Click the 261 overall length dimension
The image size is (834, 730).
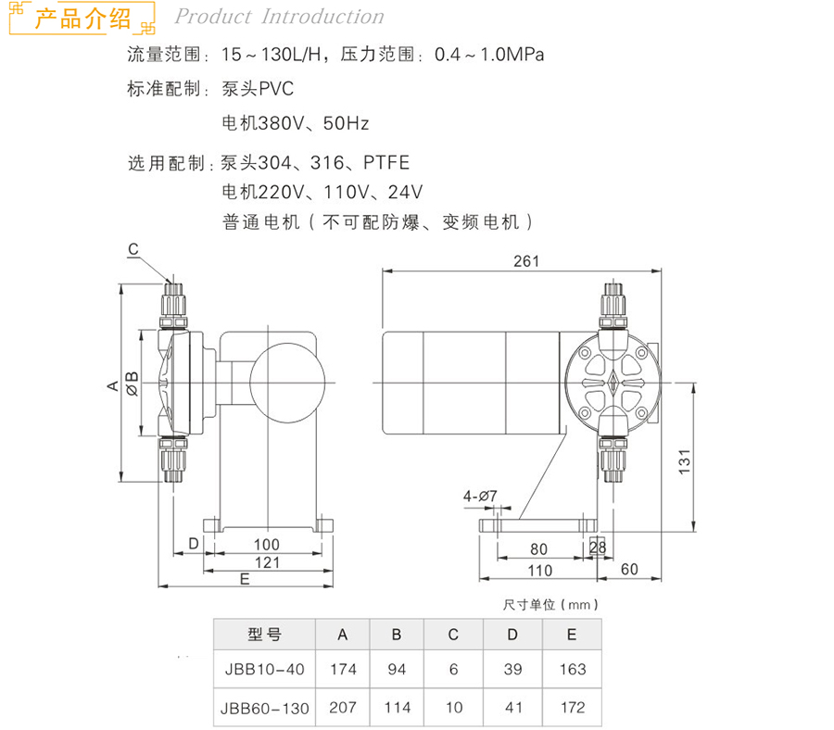click(x=526, y=261)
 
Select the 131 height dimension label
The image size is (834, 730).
click(x=685, y=461)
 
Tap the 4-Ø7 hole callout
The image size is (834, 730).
click(x=480, y=496)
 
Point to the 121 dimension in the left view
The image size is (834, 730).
click(x=267, y=562)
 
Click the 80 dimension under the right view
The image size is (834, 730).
click(x=538, y=549)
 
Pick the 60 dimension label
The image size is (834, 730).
click(x=629, y=570)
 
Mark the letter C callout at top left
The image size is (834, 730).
click(x=133, y=249)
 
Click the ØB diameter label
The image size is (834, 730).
click(x=132, y=383)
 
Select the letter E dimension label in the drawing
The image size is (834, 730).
click(x=245, y=579)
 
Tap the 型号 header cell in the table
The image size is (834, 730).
click(x=264, y=635)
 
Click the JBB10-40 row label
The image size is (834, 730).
click(x=264, y=669)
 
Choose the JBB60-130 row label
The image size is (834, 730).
click(x=264, y=708)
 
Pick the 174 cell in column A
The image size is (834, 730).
click(x=343, y=669)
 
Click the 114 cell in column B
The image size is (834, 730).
click(x=398, y=708)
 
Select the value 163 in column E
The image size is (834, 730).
click(x=573, y=669)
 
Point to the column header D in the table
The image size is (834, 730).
click(x=512, y=635)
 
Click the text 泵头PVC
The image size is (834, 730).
click(x=258, y=88)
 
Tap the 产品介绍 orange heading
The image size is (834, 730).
click(x=82, y=19)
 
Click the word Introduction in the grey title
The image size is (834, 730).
click(x=322, y=17)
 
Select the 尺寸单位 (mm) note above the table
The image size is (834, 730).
click(x=550, y=605)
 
